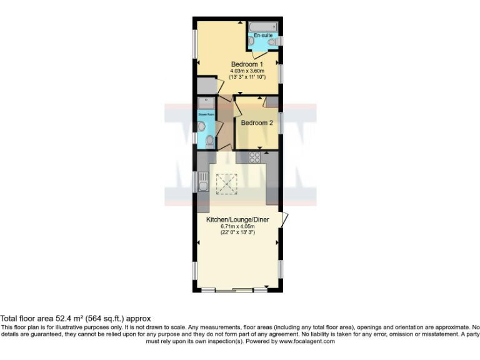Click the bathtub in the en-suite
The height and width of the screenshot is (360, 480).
coord(263,26)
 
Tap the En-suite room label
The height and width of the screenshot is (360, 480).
coord(263,36)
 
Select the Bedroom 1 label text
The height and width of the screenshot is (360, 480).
coord(247,64)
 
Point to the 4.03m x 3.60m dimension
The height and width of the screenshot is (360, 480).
coord(247,71)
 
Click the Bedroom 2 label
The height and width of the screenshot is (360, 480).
coord(257,123)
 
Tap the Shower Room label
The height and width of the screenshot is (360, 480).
coord(206,115)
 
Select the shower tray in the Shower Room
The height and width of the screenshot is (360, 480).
coord(206,103)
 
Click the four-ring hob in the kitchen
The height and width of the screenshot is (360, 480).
coord(255,157)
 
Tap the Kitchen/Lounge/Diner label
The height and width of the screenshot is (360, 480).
coord(238,220)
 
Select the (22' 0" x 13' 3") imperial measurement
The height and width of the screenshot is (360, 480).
coord(238,232)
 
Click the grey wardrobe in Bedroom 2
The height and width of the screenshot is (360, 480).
coord(271,102)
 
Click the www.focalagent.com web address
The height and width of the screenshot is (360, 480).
coord(307,341)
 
